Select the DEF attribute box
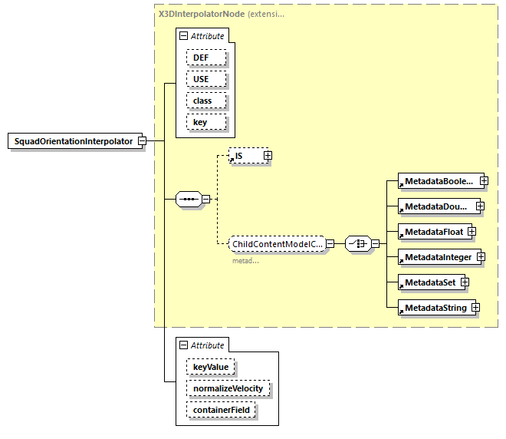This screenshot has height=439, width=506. click(200, 58)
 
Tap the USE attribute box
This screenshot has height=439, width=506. click(200, 79)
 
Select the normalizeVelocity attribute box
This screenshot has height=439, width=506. click(228, 388)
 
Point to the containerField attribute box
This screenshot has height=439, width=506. click(221, 410)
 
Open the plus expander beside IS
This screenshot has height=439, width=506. click(268, 156)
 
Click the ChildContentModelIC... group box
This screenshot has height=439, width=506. click(277, 243)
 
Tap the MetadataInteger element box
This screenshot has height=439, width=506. click(437, 256)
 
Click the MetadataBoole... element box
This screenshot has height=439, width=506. click(438, 180)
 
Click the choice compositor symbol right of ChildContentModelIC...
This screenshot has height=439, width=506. click(358, 243)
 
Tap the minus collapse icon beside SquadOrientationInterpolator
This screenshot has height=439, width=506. click(142, 141)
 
